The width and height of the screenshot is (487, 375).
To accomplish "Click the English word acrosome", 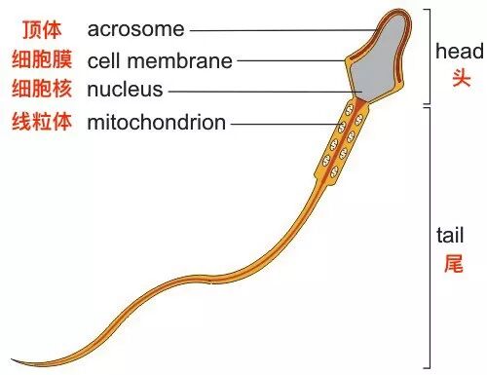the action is [135, 29].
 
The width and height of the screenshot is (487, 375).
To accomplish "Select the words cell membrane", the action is [160, 60].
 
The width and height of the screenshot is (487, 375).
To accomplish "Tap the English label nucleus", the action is [125, 90].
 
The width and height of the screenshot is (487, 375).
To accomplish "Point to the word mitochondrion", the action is [157, 123].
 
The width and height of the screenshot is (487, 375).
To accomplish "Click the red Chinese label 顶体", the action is [42, 29].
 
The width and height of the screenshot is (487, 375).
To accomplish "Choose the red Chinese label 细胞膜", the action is [42, 59].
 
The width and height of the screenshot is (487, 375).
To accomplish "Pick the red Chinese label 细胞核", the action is [42, 89].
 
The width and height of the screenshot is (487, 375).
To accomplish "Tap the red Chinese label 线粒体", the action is [42, 121].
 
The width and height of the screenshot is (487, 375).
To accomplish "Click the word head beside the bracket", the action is [460, 52].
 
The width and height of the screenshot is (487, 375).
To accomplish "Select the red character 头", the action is [462, 78].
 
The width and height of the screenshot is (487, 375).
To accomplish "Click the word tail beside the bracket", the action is [450, 235].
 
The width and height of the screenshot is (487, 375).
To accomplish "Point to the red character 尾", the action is [454, 263].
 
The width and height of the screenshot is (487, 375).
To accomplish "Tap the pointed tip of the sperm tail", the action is [12, 359].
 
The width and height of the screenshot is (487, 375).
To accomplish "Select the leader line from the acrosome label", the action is [283, 31].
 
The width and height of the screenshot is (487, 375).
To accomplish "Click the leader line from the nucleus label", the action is [265, 92].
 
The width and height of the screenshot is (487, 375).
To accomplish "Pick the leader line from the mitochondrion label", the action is [286, 124].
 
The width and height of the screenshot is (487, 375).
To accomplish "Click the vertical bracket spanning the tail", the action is [431, 238].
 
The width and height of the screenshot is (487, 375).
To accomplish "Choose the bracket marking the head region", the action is [431, 56].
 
